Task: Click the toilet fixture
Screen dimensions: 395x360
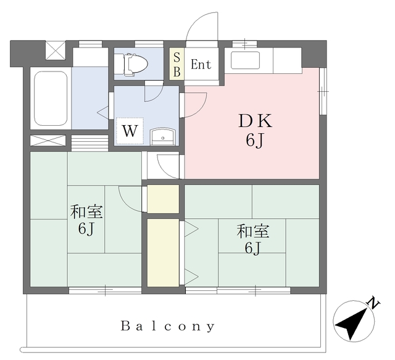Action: pos(135,64)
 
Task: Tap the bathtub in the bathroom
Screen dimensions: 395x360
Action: pos(51,99)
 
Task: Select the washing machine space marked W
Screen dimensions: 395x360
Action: pos(130,131)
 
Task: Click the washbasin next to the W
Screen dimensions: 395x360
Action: pos(163,137)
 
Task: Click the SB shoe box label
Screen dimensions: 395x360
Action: pos(177,65)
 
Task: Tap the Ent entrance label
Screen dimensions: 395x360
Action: pos(201,64)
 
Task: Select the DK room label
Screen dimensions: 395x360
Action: pos(255,121)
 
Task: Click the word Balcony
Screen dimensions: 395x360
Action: pos(168,326)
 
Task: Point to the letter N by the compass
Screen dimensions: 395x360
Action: pos(374,303)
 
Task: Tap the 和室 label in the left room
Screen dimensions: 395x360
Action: pos(86,212)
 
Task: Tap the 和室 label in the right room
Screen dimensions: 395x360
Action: pos(252,231)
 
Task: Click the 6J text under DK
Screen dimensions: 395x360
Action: pos(255,140)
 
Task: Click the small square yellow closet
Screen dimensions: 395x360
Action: pos(163,199)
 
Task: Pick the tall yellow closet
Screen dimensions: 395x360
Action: pos(163,253)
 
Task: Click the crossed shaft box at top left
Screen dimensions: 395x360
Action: pos(56,51)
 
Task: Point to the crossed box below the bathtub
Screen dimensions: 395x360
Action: pos(48,141)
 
